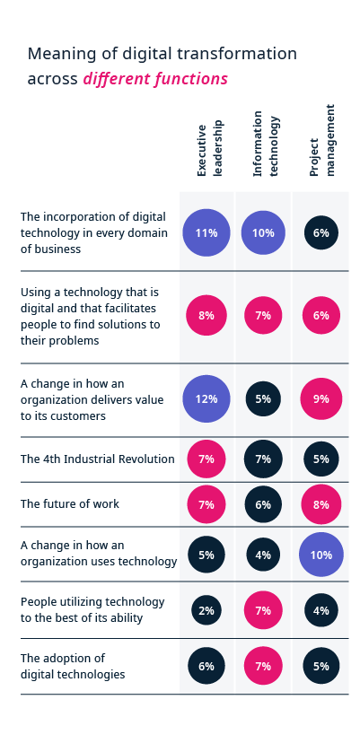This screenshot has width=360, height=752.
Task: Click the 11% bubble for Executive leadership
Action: [x=206, y=233]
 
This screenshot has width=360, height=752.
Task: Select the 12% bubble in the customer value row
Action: [x=206, y=399]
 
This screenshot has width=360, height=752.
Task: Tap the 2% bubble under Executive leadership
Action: [x=206, y=611]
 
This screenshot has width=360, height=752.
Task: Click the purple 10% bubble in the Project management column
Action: [x=321, y=555]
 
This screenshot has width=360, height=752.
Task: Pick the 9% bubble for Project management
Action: [x=321, y=399]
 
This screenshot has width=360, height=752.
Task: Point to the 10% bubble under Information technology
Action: [x=263, y=233]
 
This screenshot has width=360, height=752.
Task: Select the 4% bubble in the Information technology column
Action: [x=263, y=555]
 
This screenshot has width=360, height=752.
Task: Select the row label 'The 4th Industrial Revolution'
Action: [x=97, y=459]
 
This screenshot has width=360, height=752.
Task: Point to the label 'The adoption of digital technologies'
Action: [x=73, y=666]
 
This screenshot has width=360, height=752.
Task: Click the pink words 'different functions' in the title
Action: [x=155, y=79]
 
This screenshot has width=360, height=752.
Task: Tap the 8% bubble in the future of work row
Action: [x=321, y=504]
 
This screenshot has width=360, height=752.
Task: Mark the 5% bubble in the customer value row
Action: [x=263, y=399]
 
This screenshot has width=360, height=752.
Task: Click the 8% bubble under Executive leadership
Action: [x=206, y=316]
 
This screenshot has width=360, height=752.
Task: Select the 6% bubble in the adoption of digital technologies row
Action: [x=206, y=666]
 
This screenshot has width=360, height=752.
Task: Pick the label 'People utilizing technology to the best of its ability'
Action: [x=92, y=609]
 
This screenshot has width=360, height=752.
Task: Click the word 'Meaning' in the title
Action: [x=58, y=54]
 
